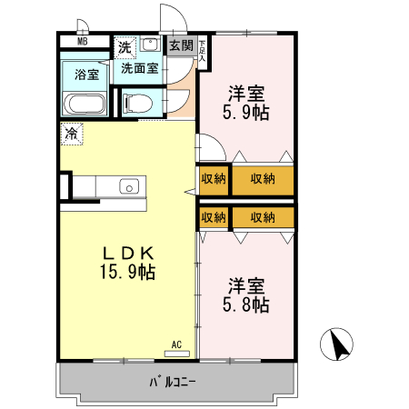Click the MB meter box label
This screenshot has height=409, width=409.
(83, 42)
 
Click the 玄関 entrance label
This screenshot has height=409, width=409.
(181, 45)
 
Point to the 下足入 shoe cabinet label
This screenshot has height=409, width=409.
(202, 51)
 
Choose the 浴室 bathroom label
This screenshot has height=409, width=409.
(86, 75)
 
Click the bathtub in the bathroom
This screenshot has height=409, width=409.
(85, 104)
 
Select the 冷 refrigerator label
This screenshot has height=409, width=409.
(72, 134)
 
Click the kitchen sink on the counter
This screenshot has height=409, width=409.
(128, 187)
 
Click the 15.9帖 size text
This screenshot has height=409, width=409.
(128, 272)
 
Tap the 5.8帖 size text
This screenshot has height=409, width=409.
(245, 305)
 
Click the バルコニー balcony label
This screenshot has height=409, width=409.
(172, 381)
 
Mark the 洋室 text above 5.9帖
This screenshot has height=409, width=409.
(245, 93)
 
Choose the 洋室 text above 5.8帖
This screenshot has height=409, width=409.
(245, 284)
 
